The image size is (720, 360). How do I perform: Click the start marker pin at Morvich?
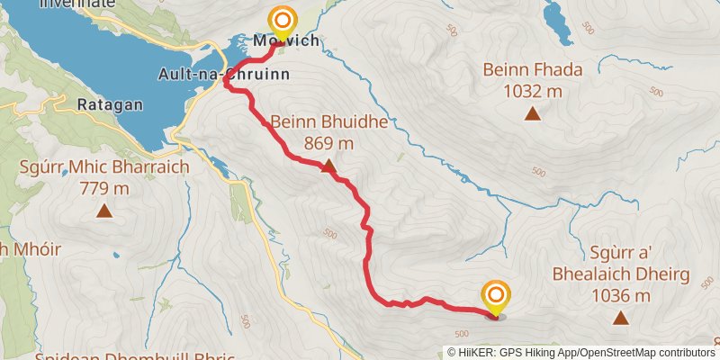(x=283, y=21)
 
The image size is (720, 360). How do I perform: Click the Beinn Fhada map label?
(x=533, y=69)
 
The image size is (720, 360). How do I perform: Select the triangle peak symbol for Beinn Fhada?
(x=533, y=114)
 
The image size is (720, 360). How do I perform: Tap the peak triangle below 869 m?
(x=328, y=166)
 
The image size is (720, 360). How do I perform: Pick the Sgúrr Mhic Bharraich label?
(x=104, y=167)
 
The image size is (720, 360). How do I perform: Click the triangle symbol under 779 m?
(x=104, y=211)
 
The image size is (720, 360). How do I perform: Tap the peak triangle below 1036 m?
(x=620, y=318)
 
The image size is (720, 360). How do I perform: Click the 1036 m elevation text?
(x=621, y=294)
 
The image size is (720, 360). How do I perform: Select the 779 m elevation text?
(x=104, y=188)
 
